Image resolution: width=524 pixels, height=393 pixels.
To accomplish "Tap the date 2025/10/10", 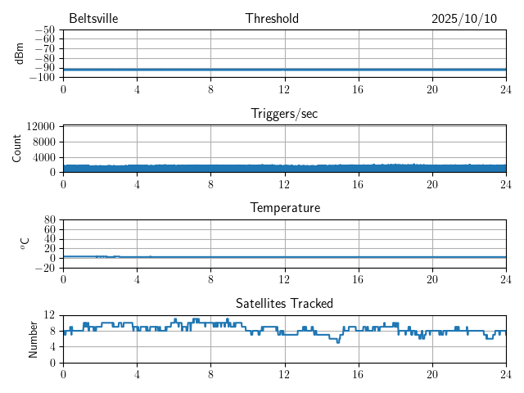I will pos(463,19).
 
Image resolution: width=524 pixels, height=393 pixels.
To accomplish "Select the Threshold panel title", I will pos(272,19).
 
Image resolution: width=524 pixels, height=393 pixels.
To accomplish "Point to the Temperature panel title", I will pos(284,208).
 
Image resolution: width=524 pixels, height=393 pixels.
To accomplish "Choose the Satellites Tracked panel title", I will pos(284,304).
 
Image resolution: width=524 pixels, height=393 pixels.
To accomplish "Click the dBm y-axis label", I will pos(20,53).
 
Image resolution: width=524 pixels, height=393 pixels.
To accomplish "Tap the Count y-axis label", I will pos(17,148).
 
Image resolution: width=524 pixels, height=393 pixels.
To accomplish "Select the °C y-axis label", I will pos(25,243).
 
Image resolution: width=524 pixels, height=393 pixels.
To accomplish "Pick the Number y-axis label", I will pos(33,339).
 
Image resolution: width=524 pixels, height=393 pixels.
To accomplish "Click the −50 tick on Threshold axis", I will pos(45,30).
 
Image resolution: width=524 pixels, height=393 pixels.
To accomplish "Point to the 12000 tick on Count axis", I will pos(41,126).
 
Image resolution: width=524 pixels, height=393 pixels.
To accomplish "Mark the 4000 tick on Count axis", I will pos(44,157).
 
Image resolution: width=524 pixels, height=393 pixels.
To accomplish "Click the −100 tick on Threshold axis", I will pos(43,78).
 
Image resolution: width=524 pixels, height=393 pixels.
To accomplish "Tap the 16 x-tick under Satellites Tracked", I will pos(359,374).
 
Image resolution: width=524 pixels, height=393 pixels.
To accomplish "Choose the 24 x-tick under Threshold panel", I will pos(505,89).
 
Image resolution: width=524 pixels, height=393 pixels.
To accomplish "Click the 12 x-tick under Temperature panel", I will pos(284,279).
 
